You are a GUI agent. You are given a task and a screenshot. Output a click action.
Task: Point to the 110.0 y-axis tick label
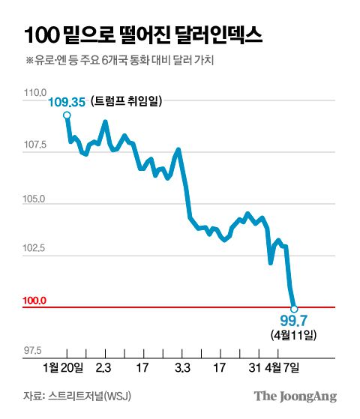pyautogui.click(x=34, y=93)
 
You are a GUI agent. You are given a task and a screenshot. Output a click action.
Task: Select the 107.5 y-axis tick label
pyautogui.click(x=34, y=145)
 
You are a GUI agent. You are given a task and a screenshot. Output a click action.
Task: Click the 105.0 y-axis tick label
pyautogui.click(x=34, y=200)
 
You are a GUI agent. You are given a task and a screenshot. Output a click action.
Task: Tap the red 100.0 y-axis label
pyautogui.click(x=34, y=301)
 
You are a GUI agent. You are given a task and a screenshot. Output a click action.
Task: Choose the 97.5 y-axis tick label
pyautogui.click(x=34, y=349)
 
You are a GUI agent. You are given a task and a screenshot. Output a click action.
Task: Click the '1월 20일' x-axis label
pyautogui.click(x=64, y=367)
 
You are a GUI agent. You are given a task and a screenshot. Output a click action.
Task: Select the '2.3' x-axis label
pyautogui.click(x=104, y=367)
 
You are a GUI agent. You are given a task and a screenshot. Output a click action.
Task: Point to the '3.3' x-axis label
pyautogui.click(x=181, y=367)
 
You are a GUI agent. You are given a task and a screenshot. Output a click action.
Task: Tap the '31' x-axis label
pyautogui.click(x=254, y=367)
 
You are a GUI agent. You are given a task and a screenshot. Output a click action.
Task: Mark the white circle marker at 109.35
pyautogui.click(x=67, y=115)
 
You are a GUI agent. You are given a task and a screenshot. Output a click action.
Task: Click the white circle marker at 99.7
pyautogui.click(x=294, y=308)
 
